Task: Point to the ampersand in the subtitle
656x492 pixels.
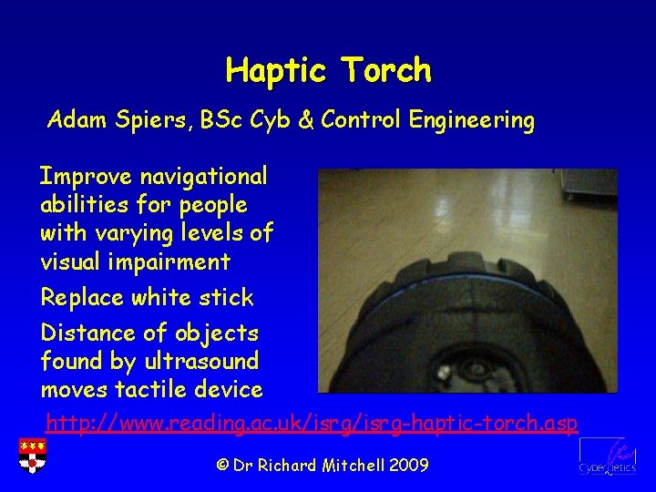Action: click(x=308, y=120)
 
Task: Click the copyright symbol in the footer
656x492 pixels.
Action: click(x=222, y=466)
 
